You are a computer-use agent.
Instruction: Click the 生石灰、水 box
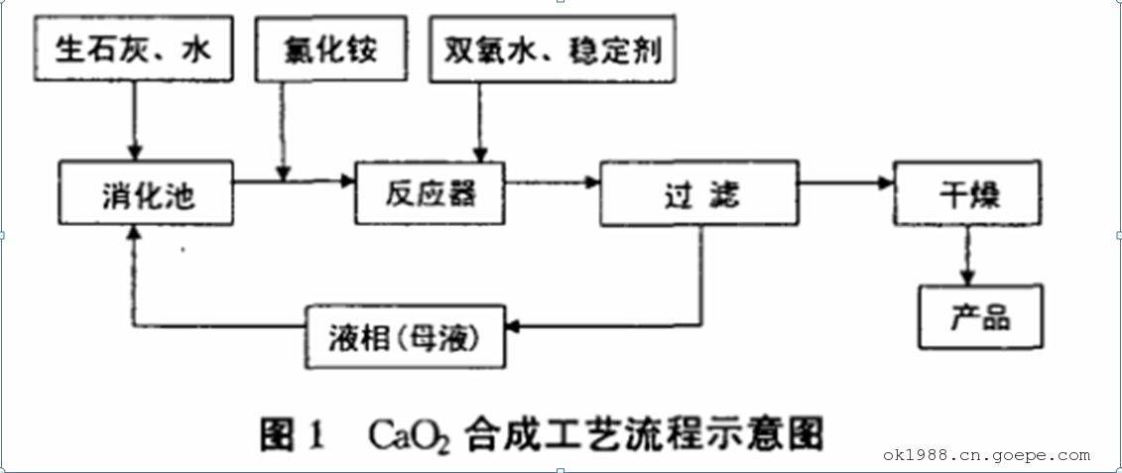(x=133, y=51)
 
